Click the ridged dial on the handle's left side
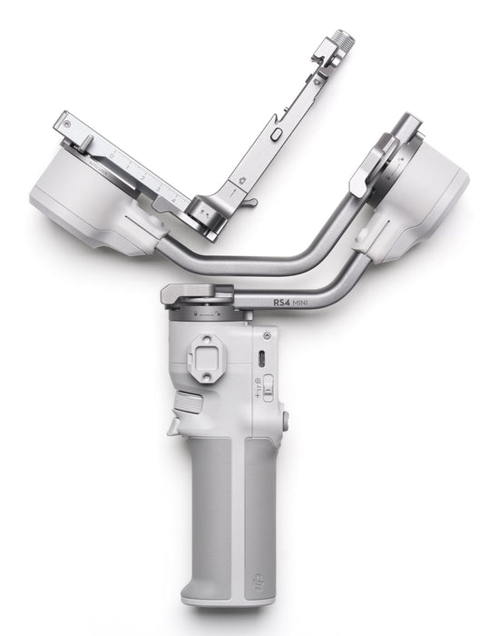click(x=185, y=402)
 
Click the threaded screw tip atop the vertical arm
click(x=344, y=40)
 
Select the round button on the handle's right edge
click(x=286, y=421)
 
